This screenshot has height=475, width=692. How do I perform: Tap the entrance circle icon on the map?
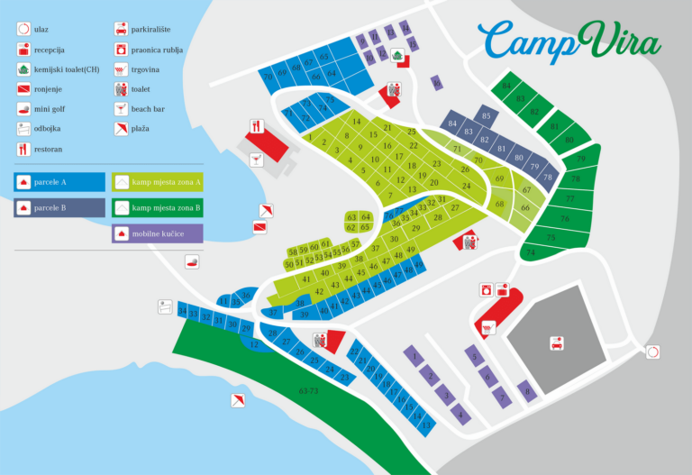pyautogui.click(x=651, y=352)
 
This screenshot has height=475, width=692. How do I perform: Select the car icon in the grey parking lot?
pyautogui.click(x=557, y=343)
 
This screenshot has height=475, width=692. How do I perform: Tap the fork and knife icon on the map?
pyautogui.click(x=255, y=127)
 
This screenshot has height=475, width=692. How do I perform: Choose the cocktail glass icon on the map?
pyautogui.click(x=256, y=159)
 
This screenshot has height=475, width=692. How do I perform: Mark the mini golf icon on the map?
pyautogui.click(x=192, y=262)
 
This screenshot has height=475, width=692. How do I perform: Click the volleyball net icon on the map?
pyautogui.click(x=165, y=306)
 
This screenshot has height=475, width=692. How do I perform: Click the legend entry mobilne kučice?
pyautogui.click(x=157, y=233)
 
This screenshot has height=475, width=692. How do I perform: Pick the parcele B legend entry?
pyautogui.click(x=59, y=208)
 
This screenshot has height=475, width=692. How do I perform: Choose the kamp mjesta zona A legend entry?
pyautogui.click(x=157, y=181)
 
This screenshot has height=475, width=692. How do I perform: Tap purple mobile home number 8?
pyautogui.click(x=526, y=390)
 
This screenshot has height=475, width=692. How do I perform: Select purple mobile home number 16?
pyautogui.click(x=437, y=84)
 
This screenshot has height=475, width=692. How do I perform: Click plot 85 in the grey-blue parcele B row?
pyautogui.click(x=486, y=116)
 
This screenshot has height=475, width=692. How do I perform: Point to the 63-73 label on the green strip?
pyautogui.click(x=308, y=392)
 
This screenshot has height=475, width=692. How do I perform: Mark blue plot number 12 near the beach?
pyautogui.click(x=255, y=344)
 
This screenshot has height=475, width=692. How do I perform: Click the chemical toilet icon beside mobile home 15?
pyautogui.click(x=397, y=55)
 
